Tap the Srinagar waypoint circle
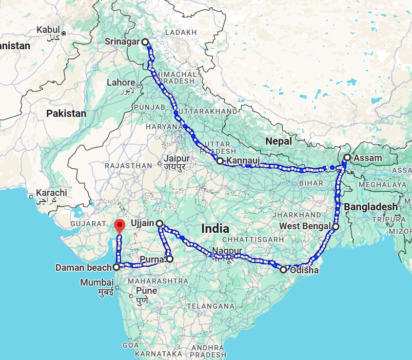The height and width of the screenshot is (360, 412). point(145,42)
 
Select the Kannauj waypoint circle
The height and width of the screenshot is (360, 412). point(220,161)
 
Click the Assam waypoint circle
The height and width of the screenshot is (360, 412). point(347,157)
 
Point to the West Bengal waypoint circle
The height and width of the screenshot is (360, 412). point(336,226)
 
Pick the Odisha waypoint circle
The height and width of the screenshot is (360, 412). point(283,269)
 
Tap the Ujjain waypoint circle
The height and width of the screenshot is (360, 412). point(160,224)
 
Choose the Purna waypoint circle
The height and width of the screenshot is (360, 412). point(170,259)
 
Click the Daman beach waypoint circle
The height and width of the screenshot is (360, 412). point(116,267)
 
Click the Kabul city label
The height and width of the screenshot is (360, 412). point(48,30)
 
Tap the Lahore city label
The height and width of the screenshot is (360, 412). point(121,83)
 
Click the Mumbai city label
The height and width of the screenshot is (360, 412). point(97,282)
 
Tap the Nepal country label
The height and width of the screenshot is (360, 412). point(279,141)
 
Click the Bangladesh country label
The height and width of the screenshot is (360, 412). point(371,206)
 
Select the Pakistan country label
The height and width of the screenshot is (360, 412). point(66,113)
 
